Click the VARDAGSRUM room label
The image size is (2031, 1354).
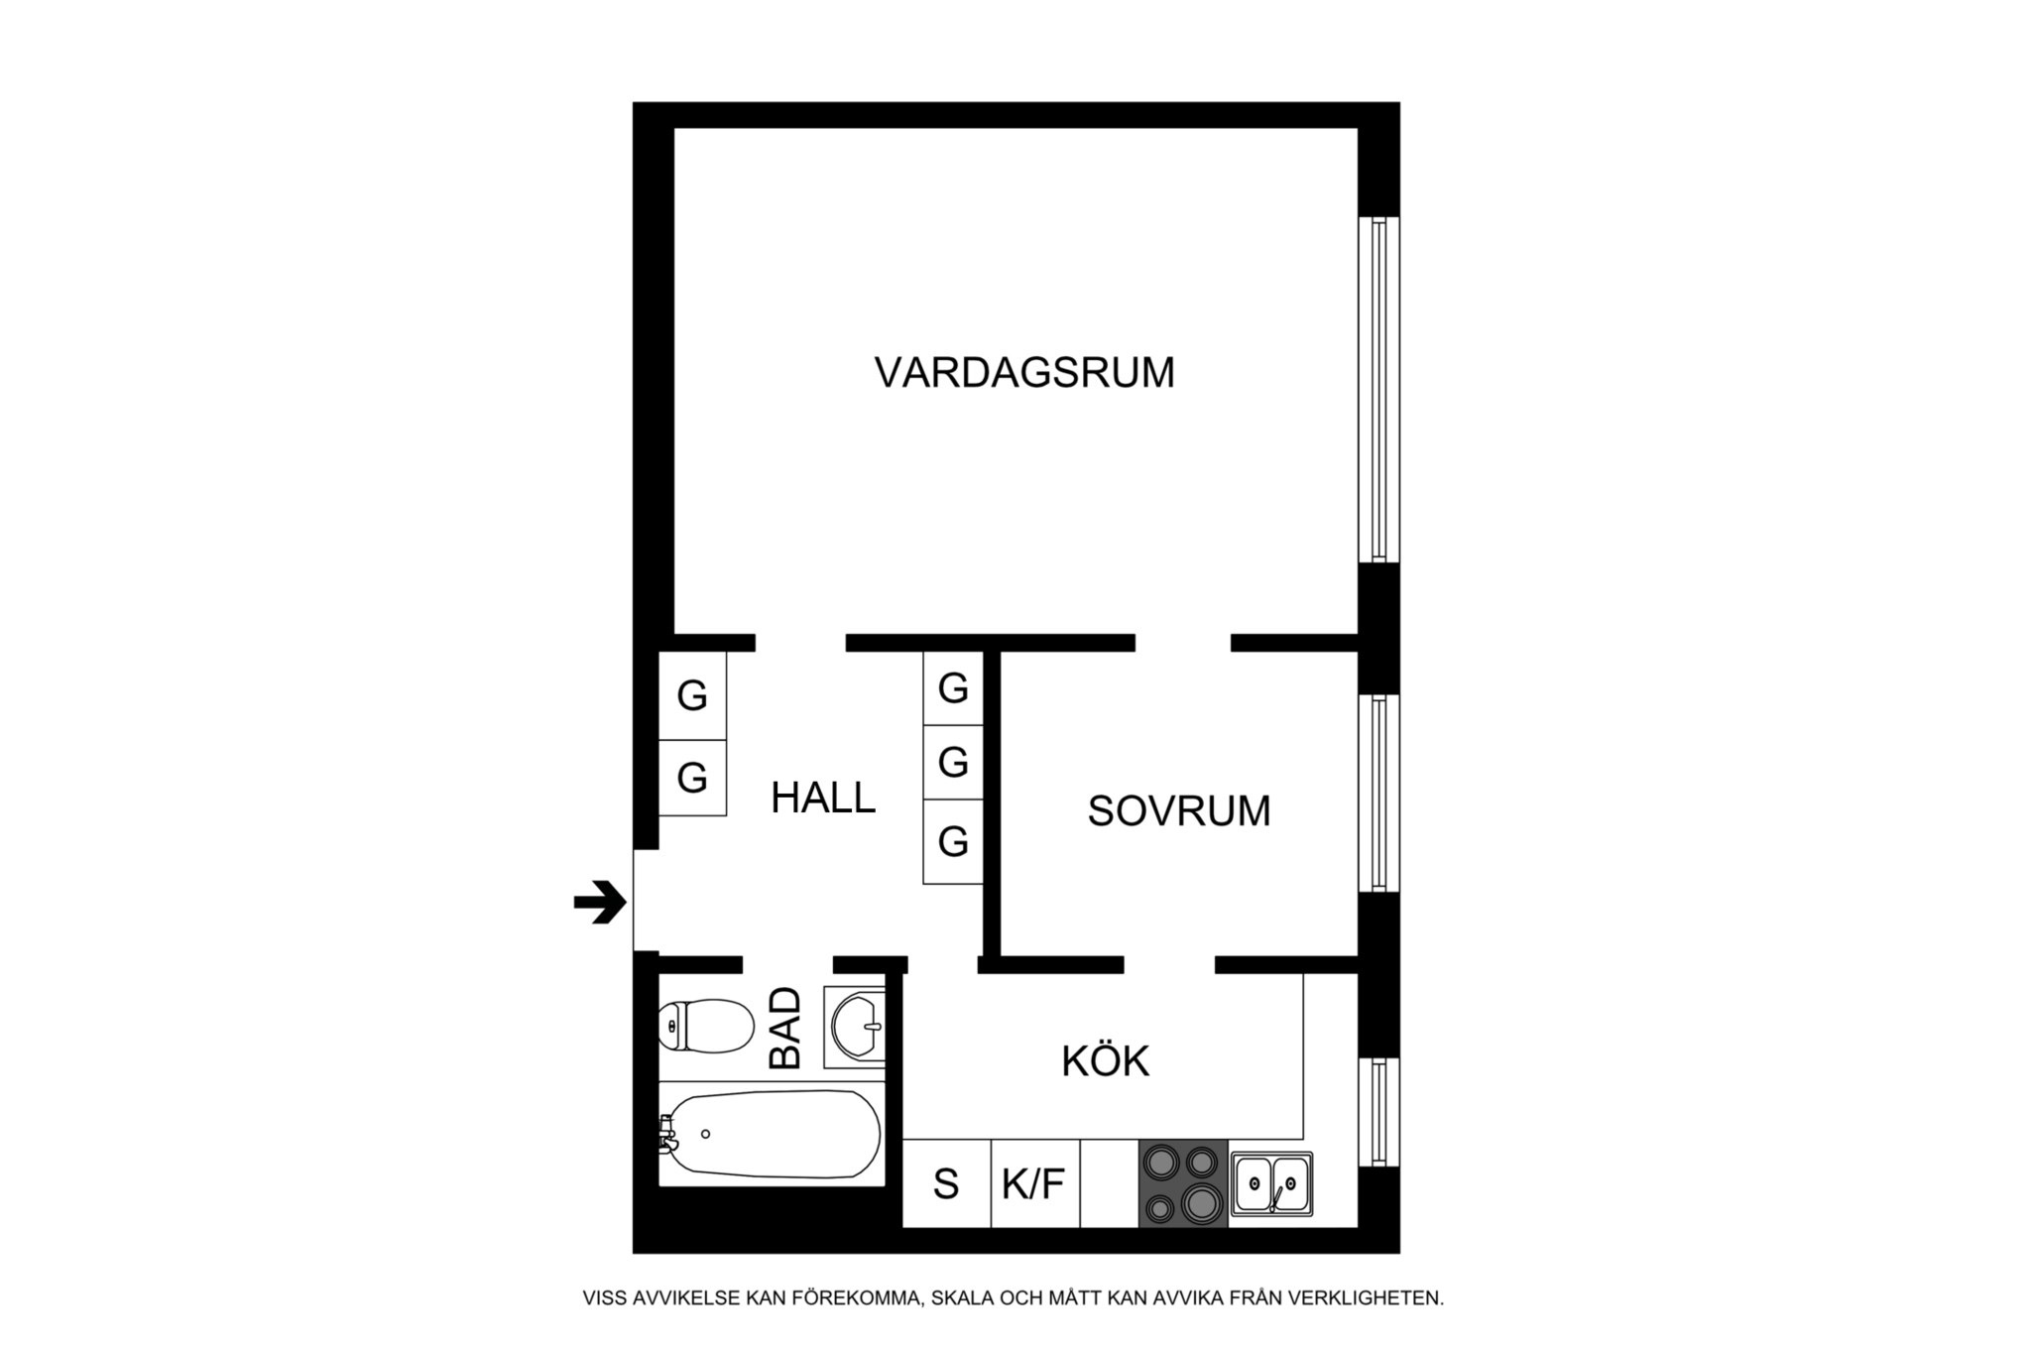tap(1024, 373)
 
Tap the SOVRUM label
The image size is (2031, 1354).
tap(1179, 811)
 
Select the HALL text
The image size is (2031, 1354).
tap(823, 798)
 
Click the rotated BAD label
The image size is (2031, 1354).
tap(785, 1028)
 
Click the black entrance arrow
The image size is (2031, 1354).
tap(600, 903)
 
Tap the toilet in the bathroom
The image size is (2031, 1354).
tap(706, 1027)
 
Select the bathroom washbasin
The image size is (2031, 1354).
tap(856, 1027)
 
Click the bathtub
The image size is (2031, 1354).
tap(770, 1134)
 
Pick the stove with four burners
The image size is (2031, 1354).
tap(1183, 1183)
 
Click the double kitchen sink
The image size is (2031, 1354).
tap(1272, 1183)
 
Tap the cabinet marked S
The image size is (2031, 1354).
tap(947, 1183)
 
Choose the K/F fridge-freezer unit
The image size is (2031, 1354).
tap(1035, 1183)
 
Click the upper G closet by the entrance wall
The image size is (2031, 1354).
tap(693, 695)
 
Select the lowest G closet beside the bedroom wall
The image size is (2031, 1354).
tap(953, 842)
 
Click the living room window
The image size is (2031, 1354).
tap(1378, 390)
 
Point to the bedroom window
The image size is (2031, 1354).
tap(1378, 794)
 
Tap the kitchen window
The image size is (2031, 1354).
tap(1378, 1112)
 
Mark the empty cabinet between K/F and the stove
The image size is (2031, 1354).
tap(1109, 1183)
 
